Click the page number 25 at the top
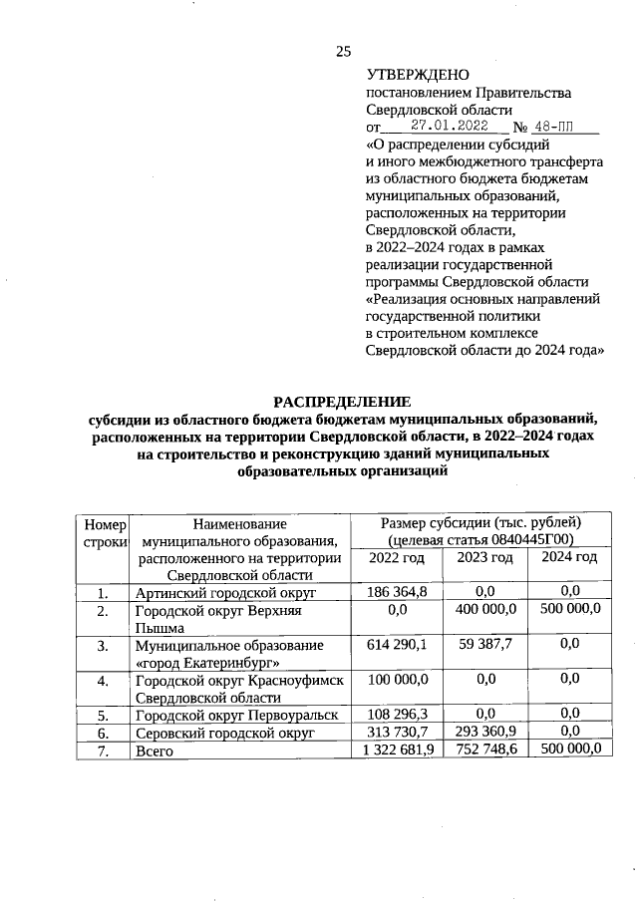point(343,52)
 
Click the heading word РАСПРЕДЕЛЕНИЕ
point(343,402)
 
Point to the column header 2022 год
point(397,557)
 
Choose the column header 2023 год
point(484,557)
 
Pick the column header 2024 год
point(569,557)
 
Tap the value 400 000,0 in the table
point(485,609)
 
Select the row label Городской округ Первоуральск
point(237,715)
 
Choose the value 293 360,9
point(485,732)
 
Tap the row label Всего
point(155,751)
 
